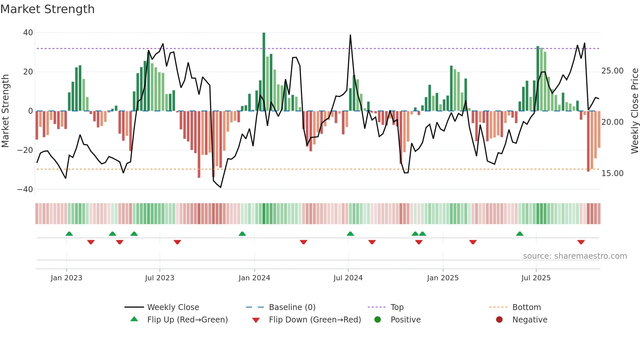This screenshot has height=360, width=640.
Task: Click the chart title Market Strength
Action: pos(47,9)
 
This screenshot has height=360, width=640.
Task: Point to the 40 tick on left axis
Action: pos(28,33)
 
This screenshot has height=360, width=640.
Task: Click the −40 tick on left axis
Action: pos(25,189)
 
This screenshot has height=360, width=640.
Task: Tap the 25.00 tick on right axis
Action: pos(612,71)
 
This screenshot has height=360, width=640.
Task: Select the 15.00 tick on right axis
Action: pos(612,173)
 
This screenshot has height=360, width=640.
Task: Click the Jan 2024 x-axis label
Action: pos(254,278)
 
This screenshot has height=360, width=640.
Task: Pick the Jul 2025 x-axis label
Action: pos(536,278)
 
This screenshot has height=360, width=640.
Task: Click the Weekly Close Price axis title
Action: pos(634,111)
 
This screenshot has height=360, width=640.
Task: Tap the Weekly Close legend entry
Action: pos(173,307)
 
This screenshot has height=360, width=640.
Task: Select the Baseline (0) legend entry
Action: pos(292,307)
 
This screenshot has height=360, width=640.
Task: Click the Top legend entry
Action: pos(397,307)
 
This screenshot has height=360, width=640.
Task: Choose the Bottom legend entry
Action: pos(526,307)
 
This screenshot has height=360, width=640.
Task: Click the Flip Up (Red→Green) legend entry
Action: pos(187,320)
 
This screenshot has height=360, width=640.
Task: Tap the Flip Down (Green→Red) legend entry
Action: pos(315,320)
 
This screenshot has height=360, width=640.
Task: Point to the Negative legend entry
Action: pos(529,320)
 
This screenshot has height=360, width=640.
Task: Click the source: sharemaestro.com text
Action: pos(575,256)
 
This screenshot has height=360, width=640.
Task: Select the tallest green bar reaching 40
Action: pos(264,72)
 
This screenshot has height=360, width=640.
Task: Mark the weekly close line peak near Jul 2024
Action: pos(350,35)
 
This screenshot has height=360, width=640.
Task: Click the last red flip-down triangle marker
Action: pos(581,242)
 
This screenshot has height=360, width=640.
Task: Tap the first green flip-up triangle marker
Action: pos(69,234)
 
